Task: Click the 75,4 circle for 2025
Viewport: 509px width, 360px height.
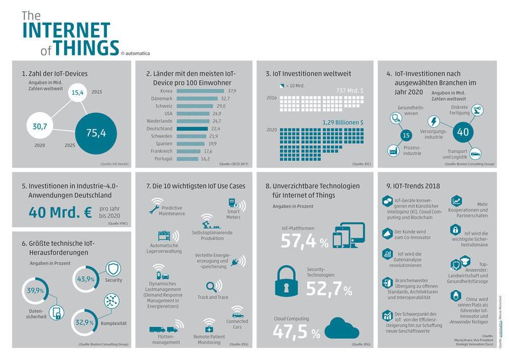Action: pos(96,132)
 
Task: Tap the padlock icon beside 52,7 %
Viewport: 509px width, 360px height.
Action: pos(287,280)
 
